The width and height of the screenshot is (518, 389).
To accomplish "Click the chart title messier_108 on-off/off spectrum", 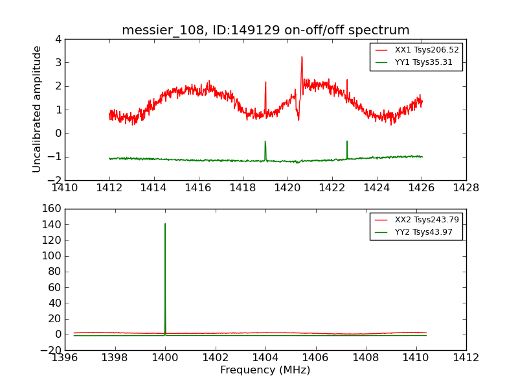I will [x=265, y=30].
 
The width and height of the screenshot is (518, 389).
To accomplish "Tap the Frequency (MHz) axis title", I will [x=265, y=370].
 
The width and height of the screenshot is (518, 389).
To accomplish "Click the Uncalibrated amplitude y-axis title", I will [x=38, y=109].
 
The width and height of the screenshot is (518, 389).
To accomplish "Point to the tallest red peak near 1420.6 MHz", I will [x=302, y=58].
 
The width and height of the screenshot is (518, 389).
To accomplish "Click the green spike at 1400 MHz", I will [x=165, y=224].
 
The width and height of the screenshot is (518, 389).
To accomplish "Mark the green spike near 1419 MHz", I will [x=265, y=142].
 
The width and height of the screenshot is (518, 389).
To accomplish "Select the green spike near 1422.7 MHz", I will [x=347, y=141].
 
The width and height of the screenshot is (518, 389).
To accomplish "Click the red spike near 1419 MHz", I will [x=265, y=82].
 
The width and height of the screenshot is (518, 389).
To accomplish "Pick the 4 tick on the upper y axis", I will [x=58, y=39].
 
